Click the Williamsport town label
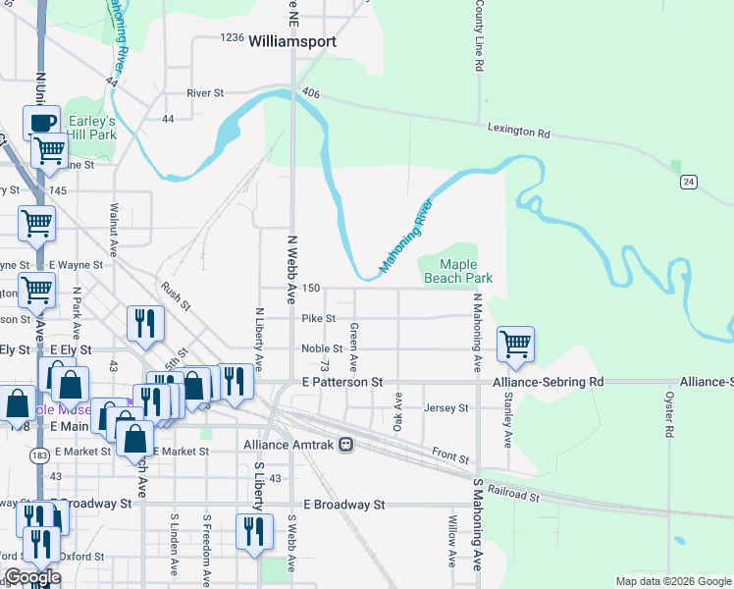click(x=292, y=42)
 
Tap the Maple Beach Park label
click(x=457, y=272)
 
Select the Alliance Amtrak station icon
click(x=345, y=445)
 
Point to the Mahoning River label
click(x=406, y=239)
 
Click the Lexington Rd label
click(x=519, y=130)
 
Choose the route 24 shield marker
click(x=690, y=182)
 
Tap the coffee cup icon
click(x=41, y=123)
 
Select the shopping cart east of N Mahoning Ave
click(x=515, y=344)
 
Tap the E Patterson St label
click(x=341, y=381)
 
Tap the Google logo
click(x=31, y=577)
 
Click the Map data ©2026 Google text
click(x=672, y=581)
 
